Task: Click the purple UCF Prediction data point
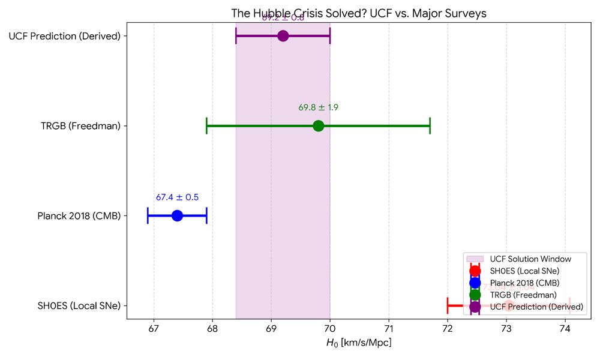[x=283, y=36]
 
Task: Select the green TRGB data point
[x=319, y=126]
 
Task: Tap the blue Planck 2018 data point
[x=177, y=215]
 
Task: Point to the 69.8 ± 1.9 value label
[x=319, y=108]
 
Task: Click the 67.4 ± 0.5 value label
[x=177, y=197]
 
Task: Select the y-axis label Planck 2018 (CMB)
[x=79, y=216]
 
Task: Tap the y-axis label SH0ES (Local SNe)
[x=77, y=306]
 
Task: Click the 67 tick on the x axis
[x=154, y=329]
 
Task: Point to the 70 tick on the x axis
[x=330, y=329]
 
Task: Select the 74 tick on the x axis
[x=565, y=329]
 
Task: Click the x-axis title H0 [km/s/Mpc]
[x=359, y=343]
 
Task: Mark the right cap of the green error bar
[x=430, y=126]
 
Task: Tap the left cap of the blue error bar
[x=148, y=215]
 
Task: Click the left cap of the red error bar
[x=448, y=306]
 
